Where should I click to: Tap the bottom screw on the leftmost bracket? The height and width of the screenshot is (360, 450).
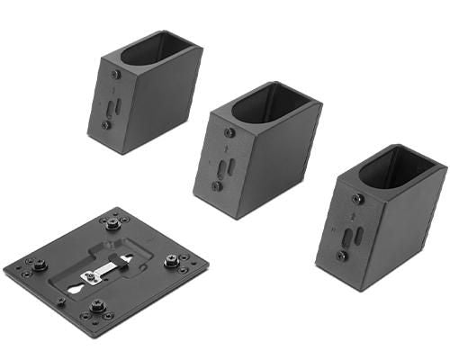pyautogui.click(x=106, y=125)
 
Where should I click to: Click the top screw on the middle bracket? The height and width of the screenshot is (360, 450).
pyautogui.click(x=229, y=133)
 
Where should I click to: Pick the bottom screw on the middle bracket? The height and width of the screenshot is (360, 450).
pyautogui.click(x=217, y=185)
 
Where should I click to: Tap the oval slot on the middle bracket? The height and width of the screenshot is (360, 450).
pyautogui.click(x=224, y=165)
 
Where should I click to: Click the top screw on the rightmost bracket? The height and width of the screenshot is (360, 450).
pyautogui.click(x=359, y=200)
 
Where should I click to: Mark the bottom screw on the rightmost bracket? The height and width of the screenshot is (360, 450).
pyautogui.click(x=342, y=256)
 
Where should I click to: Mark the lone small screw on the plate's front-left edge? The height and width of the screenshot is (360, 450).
pyautogui.click(x=61, y=301)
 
